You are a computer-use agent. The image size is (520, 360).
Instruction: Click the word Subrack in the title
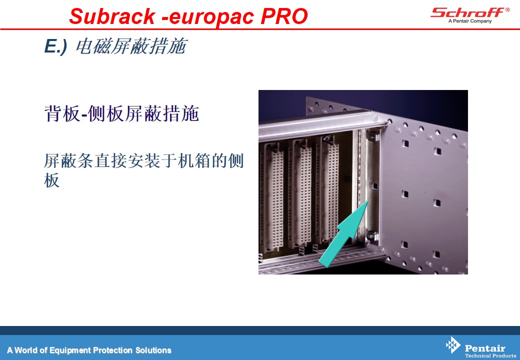click(112, 16)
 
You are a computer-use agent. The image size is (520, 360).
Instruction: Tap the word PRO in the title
click(284, 16)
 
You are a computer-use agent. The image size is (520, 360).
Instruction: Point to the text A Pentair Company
click(470, 21)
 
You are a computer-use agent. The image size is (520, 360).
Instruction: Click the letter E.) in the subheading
click(55, 46)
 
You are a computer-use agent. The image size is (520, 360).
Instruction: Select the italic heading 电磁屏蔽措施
click(131, 46)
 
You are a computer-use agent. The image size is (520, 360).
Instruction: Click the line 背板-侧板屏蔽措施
click(121, 113)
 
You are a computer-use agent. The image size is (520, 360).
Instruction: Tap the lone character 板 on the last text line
click(51, 180)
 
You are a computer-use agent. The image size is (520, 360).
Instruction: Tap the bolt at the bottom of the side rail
click(372, 236)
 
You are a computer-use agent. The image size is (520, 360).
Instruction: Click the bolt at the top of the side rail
click(373, 136)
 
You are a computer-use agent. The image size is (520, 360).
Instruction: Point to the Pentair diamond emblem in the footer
click(453, 345)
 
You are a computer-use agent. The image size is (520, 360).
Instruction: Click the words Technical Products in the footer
click(490, 355)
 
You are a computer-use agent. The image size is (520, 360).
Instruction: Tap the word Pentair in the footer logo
click(485, 348)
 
